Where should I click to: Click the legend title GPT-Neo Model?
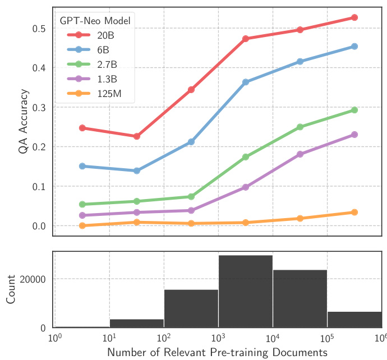click(95, 21)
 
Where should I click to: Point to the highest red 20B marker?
click(354, 18)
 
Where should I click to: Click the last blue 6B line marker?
click(354, 47)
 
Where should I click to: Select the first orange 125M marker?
click(82, 226)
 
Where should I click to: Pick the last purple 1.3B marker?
click(354, 135)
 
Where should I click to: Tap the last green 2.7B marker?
click(354, 110)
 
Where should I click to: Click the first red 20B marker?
click(82, 128)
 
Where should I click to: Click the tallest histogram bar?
click(245, 292)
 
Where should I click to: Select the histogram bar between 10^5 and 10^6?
click(354, 319)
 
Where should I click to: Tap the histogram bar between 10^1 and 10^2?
click(136, 323)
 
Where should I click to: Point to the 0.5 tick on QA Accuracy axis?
click(38, 29)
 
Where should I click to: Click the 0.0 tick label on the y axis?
click(38, 226)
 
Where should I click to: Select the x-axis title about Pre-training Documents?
click(217, 353)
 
